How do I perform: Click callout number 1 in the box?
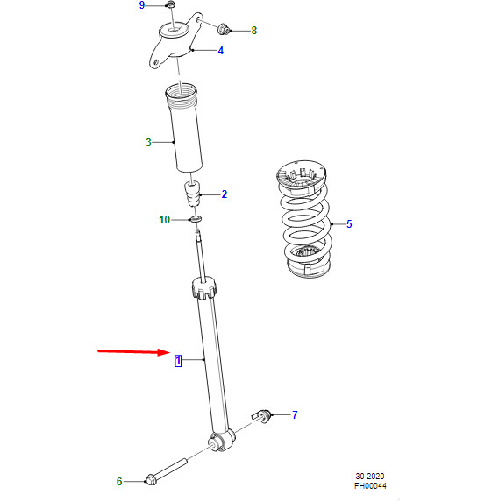coord(177,360)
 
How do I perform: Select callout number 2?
coord(224,194)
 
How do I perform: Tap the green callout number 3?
coord(148,142)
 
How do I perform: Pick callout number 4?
coord(220,50)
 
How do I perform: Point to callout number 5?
coord(348,224)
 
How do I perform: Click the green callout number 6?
coord(119,481)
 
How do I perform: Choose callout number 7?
coord(295,414)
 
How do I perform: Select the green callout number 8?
coord(254,31)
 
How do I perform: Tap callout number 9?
coord(143,6)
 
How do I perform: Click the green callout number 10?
coord(164,220)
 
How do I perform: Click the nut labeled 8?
coord(224,29)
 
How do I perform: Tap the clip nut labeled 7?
coord(260,414)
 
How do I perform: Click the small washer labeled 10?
coord(196,219)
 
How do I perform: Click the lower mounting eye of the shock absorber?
coord(221,443)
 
